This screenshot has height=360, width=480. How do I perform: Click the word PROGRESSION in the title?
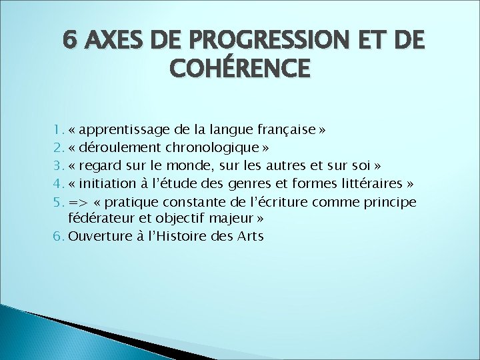click(x=273, y=40)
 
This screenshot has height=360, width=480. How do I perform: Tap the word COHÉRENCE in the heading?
click(x=239, y=68)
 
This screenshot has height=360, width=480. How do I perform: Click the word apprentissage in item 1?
click(x=121, y=129)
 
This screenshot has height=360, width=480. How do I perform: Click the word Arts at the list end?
click(x=251, y=236)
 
